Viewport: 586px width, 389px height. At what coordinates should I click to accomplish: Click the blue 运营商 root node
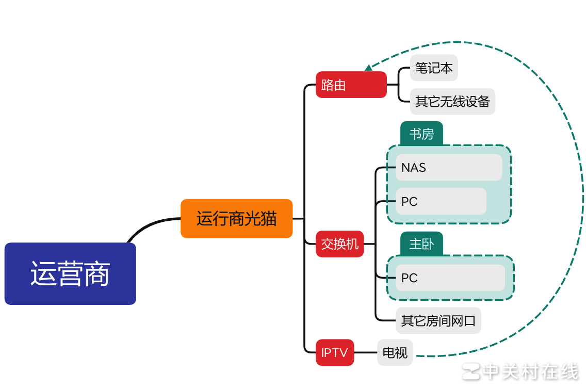pos(70,273)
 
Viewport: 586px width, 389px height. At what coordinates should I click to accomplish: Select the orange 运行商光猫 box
pos(236,219)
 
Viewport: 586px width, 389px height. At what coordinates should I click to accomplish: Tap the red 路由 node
pos(351,85)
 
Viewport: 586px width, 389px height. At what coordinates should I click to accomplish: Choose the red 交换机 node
pos(339,244)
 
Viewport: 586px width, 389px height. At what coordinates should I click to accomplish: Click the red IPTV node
pos(335,353)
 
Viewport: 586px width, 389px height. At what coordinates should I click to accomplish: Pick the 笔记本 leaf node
pos(434,68)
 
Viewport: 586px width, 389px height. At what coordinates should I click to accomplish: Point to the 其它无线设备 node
pos(452,101)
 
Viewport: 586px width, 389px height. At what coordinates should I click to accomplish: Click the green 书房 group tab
pos(421,134)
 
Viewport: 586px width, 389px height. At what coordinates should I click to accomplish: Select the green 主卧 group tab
pos(421,244)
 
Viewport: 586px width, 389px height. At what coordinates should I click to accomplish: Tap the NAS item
pos(448,168)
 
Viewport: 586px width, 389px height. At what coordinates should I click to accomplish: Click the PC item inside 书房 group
pos(441,201)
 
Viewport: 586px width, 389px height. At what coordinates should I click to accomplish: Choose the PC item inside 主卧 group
pos(450,278)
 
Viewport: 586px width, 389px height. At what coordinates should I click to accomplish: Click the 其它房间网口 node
pos(438,321)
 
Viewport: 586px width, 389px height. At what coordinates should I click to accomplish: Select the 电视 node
pos(395,353)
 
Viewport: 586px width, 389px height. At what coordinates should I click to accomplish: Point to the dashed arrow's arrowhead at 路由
pos(368,68)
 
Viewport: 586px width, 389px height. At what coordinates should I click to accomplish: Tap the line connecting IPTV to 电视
pos(365,353)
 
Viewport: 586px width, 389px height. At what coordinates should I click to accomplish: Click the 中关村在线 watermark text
pos(531,371)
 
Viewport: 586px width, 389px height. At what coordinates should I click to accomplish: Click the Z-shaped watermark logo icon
pos(470,371)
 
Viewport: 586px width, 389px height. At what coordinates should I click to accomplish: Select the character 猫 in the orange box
pos(268,219)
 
